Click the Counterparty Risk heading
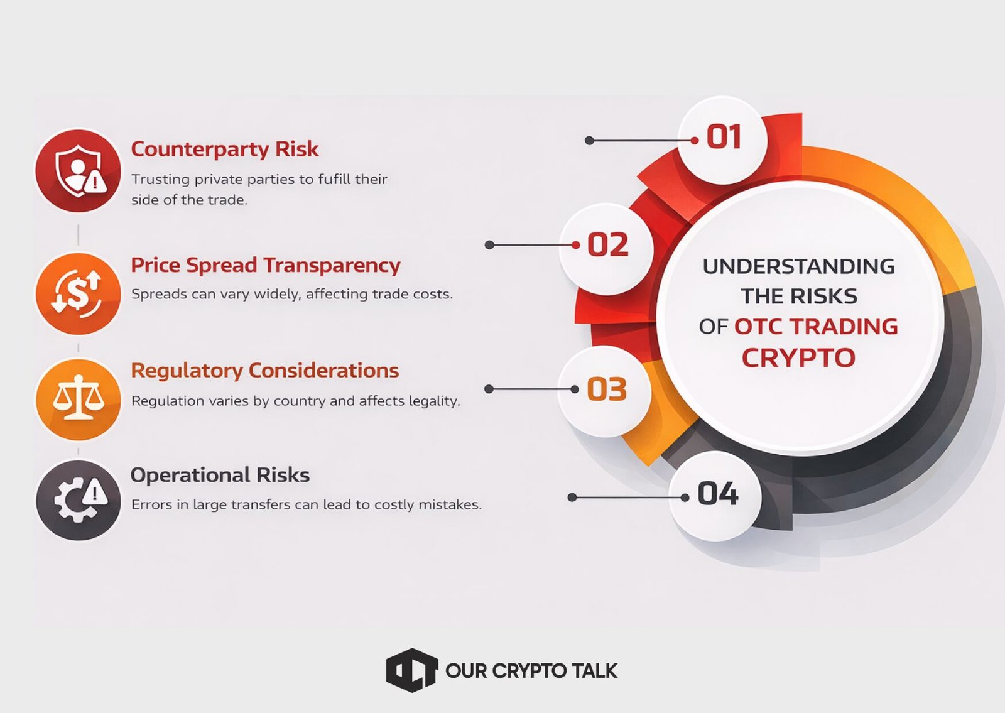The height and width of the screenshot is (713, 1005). click(225, 149)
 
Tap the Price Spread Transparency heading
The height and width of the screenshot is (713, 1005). click(266, 265)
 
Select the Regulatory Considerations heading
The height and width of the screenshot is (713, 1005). click(264, 371)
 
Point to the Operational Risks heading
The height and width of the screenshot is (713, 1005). click(220, 475)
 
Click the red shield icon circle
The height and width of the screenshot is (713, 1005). click(78, 170)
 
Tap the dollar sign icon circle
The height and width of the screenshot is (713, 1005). click(78, 294)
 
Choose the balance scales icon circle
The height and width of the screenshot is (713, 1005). click(78, 399)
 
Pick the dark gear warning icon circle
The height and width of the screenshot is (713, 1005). click(78, 500)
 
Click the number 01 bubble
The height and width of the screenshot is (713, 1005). click(722, 140)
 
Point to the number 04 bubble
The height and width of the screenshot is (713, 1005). click(715, 496)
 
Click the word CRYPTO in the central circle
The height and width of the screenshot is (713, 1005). click(798, 358)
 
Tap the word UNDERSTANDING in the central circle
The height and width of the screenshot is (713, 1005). click(798, 266)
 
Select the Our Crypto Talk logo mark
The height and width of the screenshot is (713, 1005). click(412, 670)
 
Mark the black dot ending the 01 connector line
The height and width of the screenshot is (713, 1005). click(590, 141)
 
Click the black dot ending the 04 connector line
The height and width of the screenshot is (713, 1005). click(572, 497)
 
